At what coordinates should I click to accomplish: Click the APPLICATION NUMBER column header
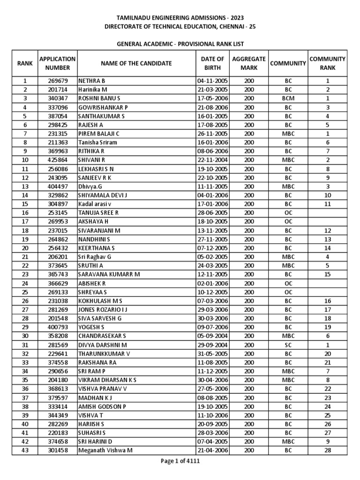point(57,63)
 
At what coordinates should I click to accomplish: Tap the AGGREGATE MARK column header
point(249,63)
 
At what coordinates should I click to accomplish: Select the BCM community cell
point(288,98)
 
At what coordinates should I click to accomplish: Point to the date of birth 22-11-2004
point(212,160)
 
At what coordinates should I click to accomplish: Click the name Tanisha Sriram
point(98,142)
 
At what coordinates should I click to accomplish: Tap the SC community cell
point(288,345)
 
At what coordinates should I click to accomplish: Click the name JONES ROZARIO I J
point(103,310)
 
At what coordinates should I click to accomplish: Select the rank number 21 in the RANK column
point(25,257)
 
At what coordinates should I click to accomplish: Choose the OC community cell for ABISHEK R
point(288,283)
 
